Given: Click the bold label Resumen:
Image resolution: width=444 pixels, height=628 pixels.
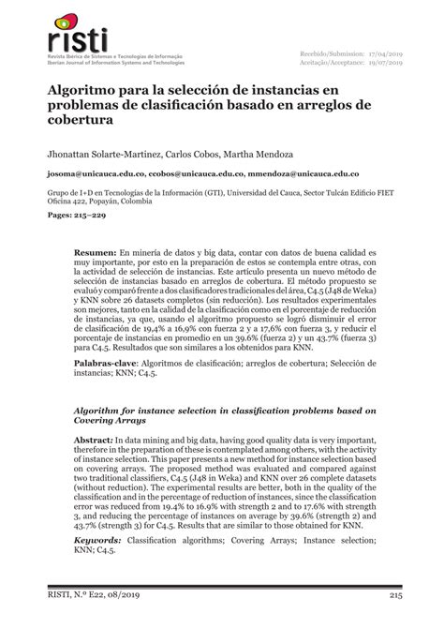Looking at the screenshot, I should (x=96, y=253).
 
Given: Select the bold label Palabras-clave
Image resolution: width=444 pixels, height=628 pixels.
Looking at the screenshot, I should (x=110, y=387).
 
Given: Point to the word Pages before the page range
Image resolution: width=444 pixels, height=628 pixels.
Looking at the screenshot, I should (x=51, y=215).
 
